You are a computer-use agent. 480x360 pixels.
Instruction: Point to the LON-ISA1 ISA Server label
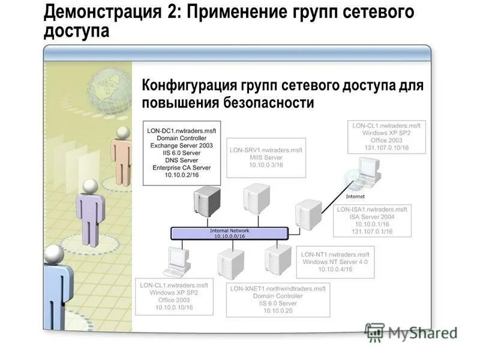pos(372,220)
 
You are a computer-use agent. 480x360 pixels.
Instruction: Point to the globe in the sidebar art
pos(109,91)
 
